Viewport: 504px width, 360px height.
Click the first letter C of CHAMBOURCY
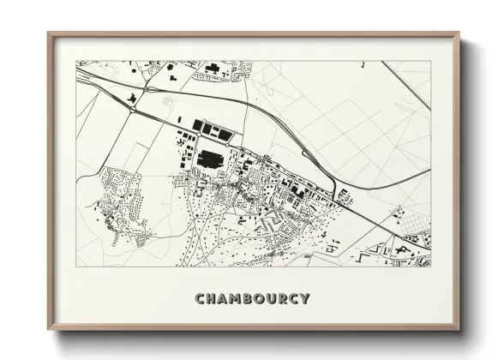coord(200,299)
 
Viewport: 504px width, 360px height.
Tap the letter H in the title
coord(212,299)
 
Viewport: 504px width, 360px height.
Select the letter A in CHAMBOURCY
coord(224,299)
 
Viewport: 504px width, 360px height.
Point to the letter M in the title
coord(237,299)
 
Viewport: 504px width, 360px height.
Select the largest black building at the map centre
coord(210,159)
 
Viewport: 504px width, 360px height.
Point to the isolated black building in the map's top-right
coord(362,63)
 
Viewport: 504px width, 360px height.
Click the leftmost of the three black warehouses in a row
coord(197,125)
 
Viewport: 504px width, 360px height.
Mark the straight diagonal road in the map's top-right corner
coord(406,86)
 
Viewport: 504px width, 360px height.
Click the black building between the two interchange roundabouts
coord(132,99)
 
